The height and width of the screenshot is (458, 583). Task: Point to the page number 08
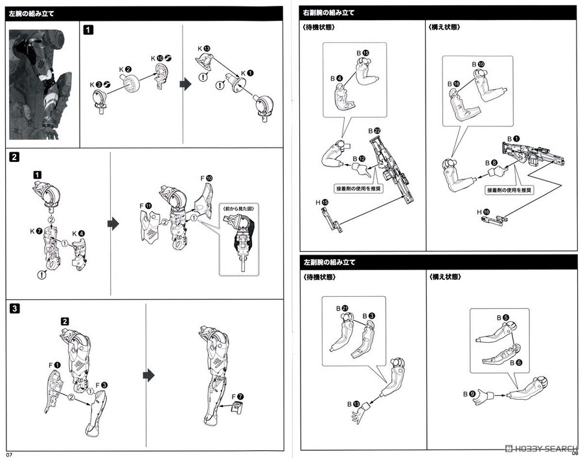[574, 452]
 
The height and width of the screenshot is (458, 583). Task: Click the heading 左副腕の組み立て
[330, 262]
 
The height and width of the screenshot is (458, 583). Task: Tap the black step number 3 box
[15, 308]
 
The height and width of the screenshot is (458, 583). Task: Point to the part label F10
[205, 177]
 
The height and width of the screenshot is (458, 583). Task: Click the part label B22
[373, 130]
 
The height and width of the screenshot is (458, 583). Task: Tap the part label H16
[483, 212]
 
